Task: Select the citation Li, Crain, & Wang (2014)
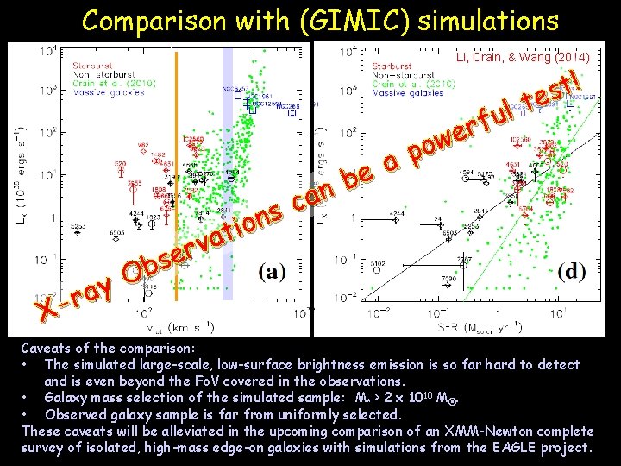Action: [x=523, y=57]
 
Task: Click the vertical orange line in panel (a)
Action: [x=177, y=173]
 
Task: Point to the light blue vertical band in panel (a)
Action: [x=228, y=173]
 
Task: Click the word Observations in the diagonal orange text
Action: [x=207, y=236]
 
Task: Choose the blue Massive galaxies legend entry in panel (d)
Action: [x=402, y=92]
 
